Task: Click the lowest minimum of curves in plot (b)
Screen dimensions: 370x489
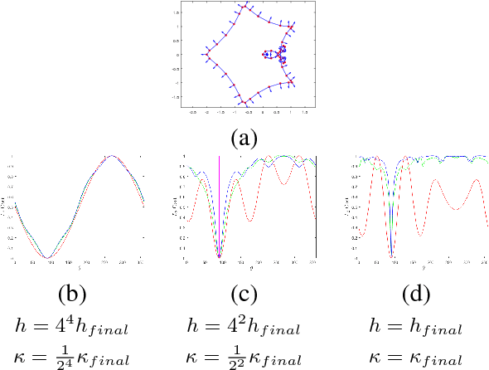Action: point(49,257)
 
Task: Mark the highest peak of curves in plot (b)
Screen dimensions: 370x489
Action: point(109,156)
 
